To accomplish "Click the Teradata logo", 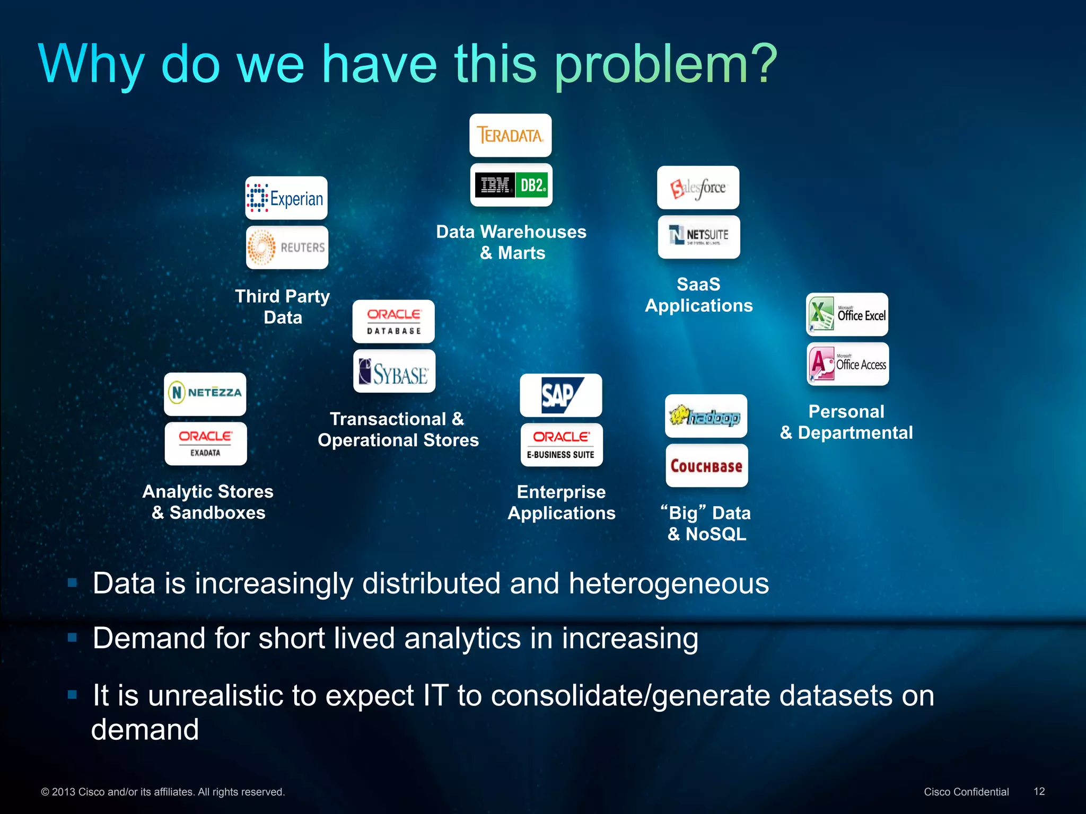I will point(510,136).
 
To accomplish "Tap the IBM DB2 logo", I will point(511,185).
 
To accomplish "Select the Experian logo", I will point(286,198).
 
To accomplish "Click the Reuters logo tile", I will point(287,247).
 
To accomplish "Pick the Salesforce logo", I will point(698,188).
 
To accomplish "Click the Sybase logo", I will point(394,371).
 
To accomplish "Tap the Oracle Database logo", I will point(393,322).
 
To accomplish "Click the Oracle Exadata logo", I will point(206,444).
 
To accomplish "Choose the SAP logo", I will point(561,395).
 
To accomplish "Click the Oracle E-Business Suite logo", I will point(562,445).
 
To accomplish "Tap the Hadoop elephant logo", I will point(706,416).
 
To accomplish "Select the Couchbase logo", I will point(707,466).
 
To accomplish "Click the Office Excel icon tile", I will point(847,315).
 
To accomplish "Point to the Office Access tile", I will point(848,364).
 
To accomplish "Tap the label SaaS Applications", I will point(698,295).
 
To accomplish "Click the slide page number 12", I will point(1039,791).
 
